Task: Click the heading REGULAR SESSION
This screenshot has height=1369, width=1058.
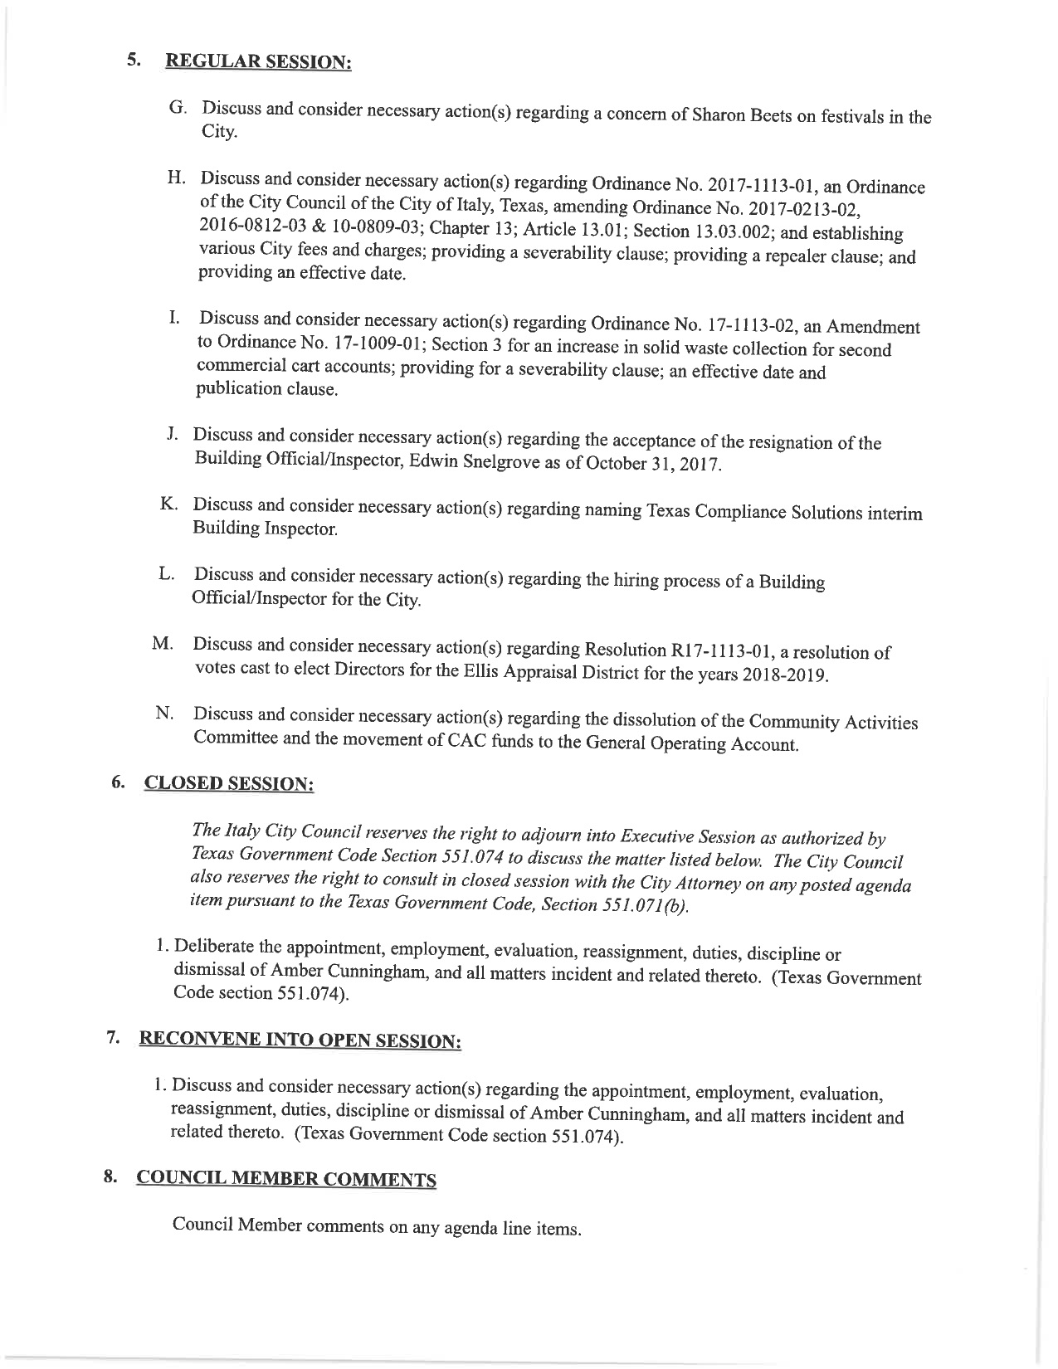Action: tap(259, 62)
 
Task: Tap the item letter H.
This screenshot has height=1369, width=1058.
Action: tap(175, 178)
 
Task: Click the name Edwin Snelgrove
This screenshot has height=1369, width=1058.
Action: tap(475, 461)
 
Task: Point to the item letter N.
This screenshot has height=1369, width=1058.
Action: tap(163, 714)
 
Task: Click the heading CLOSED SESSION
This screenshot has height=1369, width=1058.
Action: tap(230, 784)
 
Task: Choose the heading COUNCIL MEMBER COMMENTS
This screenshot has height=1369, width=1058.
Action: tap(286, 1180)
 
